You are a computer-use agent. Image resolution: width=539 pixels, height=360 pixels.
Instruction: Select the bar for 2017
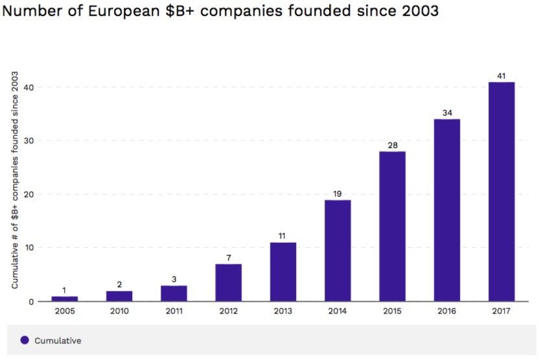501,192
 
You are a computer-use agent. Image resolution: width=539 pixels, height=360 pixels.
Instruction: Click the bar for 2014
338,251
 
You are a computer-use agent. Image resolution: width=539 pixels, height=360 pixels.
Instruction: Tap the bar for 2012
228,282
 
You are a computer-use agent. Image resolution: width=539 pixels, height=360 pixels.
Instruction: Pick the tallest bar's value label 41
501,76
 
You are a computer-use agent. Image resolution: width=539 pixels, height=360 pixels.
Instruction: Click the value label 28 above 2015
392,145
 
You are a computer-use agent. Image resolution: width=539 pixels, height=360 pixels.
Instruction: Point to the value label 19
338,194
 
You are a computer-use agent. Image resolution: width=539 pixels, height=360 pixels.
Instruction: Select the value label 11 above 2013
282,236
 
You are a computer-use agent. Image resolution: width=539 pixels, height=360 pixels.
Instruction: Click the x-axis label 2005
64,311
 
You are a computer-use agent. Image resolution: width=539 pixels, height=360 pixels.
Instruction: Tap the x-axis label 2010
119,311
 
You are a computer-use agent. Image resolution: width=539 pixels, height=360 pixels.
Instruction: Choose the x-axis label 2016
447,311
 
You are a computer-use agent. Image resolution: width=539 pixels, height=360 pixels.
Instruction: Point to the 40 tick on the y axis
27,87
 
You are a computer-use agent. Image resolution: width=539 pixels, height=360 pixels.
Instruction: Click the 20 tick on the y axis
27,194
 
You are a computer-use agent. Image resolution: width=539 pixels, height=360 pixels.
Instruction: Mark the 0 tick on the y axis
29,302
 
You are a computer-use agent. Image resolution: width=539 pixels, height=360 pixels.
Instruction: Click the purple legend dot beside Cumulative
25,340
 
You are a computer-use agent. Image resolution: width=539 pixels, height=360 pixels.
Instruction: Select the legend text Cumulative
58,341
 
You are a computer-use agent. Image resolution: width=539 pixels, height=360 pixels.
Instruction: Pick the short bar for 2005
64,298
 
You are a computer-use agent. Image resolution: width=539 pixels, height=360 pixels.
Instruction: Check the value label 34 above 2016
447,113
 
